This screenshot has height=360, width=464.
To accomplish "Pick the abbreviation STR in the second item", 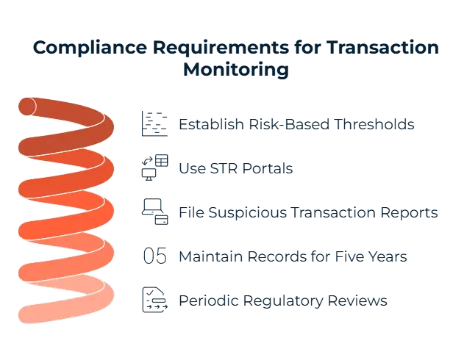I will pyautogui.click(x=213, y=168).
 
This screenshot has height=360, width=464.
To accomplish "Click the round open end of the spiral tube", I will pyautogui.click(x=29, y=107).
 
